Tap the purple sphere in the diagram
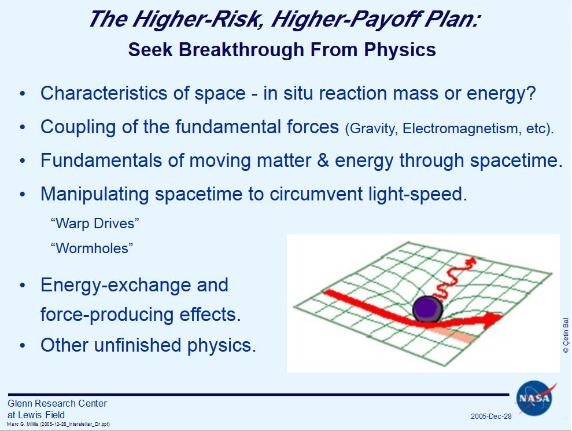(427, 309)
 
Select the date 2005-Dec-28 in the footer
(491, 417)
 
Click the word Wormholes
(92, 249)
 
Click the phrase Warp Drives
(95, 224)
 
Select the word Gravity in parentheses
(372, 129)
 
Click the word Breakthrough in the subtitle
(242, 50)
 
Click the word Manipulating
(94, 194)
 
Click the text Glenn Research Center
(57, 403)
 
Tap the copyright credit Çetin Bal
(566, 335)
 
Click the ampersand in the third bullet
(323, 160)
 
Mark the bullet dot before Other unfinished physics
(23, 345)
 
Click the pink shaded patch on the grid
(452, 334)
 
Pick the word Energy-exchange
(134, 285)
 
